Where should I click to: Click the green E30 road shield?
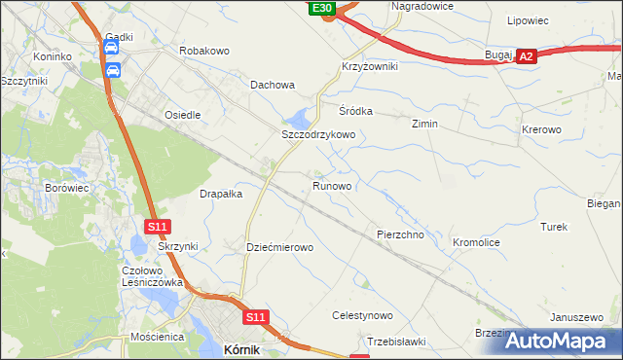point(323,8)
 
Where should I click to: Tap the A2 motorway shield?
point(527,57)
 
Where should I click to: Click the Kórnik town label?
point(241,348)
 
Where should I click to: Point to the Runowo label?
point(332,185)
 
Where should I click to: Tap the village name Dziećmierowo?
point(280,247)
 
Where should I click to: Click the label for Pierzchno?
point(399,235)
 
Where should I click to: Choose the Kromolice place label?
point(477,240)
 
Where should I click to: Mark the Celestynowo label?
point(362,315)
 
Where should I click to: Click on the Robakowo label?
point(204,49)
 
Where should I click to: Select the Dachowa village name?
point(273,85)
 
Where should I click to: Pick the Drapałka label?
point(221,194)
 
